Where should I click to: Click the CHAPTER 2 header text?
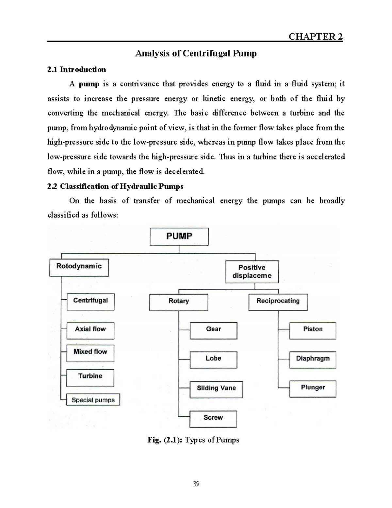(x=316, y=36)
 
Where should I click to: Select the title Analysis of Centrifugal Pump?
(x=196, y=53)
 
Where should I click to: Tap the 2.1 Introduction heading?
(x=76, y=69)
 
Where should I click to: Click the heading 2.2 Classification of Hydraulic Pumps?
(x=115, y=186)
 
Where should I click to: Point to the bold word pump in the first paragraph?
(x=89, y=84)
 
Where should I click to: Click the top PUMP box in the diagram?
(x=179, y=236)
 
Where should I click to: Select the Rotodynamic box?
(x=79, y=268)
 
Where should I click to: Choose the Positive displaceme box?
(x=252, y=272)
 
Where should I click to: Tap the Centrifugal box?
(x=90, y=301)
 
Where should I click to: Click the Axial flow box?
(x=90, y=330)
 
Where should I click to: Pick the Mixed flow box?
(x=90, y=353)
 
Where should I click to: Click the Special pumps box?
(x=93, y=400)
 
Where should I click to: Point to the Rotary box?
(x=179, y=302)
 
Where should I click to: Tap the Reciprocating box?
(x=278, y=302)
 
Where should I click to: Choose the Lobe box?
(x=213, y=359)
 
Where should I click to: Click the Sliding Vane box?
(x=216, y=389)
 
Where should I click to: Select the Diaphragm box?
(x=313, y=359)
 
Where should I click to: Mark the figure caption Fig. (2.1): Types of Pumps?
(x=193, y=440)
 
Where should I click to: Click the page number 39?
(x=196, y=484)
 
